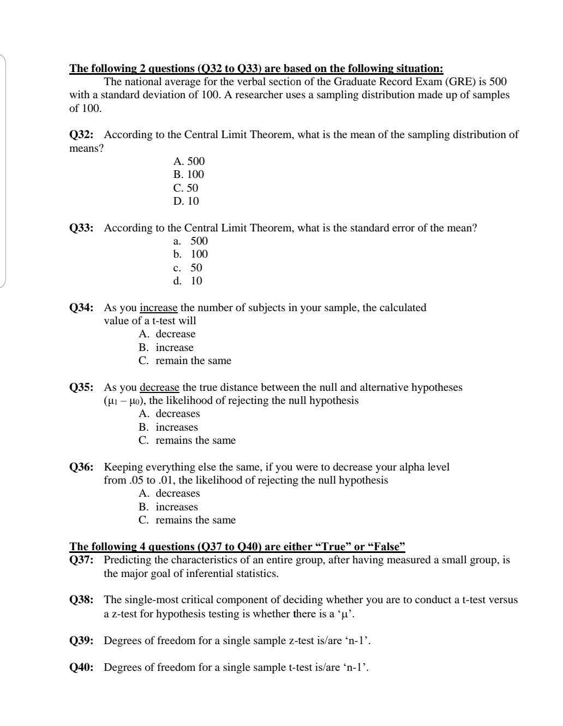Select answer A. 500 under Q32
tap(189, 161)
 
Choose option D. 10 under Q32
tap(186, 201)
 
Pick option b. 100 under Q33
tap(191, 254)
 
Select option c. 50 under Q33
tap(188, 267)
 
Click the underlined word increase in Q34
tap(158, 308)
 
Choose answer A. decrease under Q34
tap(167, 334)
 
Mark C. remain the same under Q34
tap(185, 361)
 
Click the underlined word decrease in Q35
tap(159, 388)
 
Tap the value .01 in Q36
tap(166, 480)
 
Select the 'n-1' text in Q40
tap(357, 668)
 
